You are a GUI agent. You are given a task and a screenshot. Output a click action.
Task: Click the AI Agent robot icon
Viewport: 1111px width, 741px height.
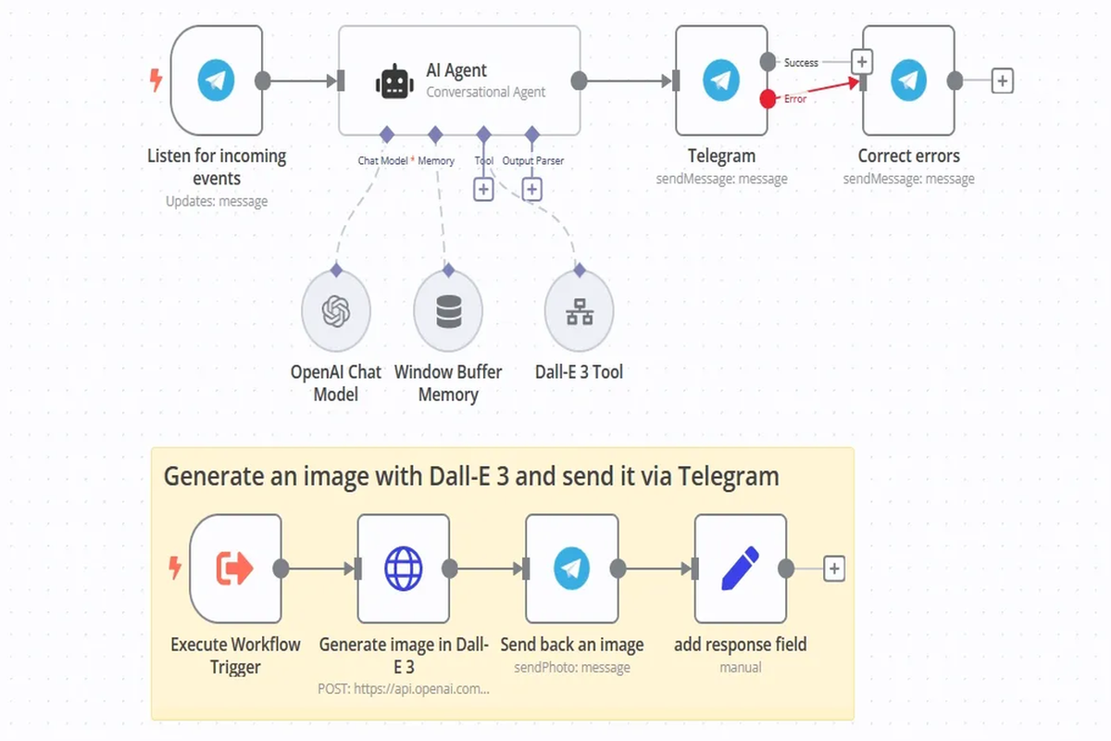pyautogui.click(x=394, y=82)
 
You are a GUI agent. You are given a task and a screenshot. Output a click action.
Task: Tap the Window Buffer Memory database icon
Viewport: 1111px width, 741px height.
pyautogui.click(x=448, y=313)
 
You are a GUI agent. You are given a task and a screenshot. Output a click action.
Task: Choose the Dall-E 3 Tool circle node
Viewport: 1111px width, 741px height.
pyautogui.click(x=580, y=313)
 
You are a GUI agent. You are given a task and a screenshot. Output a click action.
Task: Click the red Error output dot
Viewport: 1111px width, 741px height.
pyautogui.click(x=768, y=99)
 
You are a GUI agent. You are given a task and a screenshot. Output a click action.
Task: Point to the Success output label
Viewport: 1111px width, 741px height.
pyautogui.click(x=801, y=63)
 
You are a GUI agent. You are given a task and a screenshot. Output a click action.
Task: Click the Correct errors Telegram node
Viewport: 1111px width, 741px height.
pyautogui.click(x=908, y=81)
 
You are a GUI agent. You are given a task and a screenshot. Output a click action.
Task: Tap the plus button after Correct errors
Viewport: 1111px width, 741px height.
pyautogui.click(x=1002, y=81)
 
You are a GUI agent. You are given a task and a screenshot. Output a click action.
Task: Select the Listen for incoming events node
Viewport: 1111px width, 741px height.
pyautogui.click(x=217, y=81)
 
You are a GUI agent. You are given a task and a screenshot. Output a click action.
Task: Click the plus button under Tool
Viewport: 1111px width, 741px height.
pyautogui.click(x=483, y=189)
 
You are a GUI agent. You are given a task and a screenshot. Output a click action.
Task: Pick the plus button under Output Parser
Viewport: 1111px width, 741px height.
pyautogui.click(x=531, y=189)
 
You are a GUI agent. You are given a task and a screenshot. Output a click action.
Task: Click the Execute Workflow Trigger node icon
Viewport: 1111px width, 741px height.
pyautogui.click(x=235, y=568)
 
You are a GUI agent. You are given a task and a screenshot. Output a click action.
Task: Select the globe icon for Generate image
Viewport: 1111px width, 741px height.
pyautogui.click(x=404, y=568)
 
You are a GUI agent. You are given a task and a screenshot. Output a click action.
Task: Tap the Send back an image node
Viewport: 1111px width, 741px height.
pyautogui.click(x=571, y=568)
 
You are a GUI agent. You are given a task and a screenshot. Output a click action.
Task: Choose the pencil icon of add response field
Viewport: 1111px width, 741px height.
pyautogui.click(x=740, y=568)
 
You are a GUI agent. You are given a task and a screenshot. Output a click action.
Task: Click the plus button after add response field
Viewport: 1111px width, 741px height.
pyautogui.click(x=834, y=568)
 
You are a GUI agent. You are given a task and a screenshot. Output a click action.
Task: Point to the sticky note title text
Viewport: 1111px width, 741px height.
pyautogui.click(x=471, y=477)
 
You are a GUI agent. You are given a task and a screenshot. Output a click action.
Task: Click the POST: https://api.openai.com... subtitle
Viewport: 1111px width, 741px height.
pyautogui.click(x=404, y=689)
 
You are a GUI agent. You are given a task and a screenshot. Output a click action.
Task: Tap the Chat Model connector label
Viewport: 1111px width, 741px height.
pyautogui.click(x=382, y=161)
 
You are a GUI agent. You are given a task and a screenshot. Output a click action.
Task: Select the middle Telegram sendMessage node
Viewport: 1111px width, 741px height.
pyautogui.click(x=720, y=81)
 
